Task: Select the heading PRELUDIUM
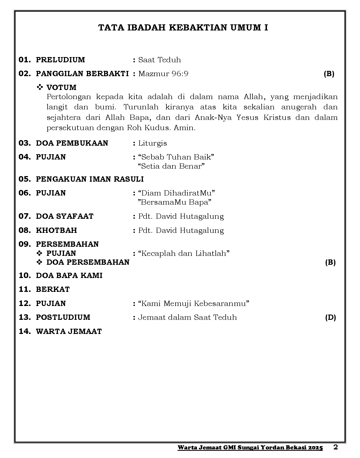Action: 60,60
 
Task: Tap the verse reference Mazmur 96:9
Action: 163,74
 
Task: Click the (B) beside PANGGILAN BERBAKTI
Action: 329,74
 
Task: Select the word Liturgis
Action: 153,143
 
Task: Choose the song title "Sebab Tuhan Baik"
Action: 176,157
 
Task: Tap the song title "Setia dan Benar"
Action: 171,166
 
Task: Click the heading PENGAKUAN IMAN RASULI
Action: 90,179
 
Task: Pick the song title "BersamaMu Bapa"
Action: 174,202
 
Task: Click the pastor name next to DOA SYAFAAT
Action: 181,216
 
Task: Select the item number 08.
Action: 24,230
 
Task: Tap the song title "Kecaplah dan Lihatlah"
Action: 184,253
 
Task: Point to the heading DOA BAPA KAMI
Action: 69,276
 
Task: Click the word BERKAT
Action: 53,289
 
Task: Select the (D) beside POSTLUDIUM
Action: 330,317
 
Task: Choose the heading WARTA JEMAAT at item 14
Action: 69,331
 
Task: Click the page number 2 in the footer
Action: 336,447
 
